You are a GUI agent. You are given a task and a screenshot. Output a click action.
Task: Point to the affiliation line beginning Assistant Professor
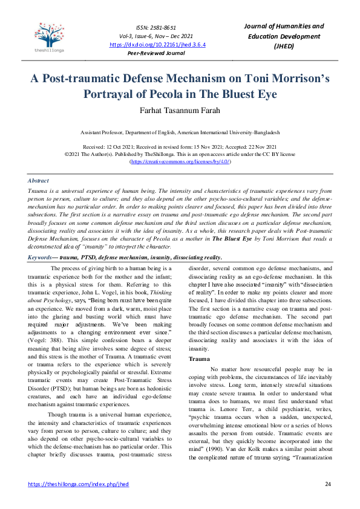(x=180, y=132)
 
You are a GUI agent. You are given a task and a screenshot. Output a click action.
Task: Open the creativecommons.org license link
(x=180, y=162)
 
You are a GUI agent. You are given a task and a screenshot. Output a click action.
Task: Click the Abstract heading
(x=39, y=180)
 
